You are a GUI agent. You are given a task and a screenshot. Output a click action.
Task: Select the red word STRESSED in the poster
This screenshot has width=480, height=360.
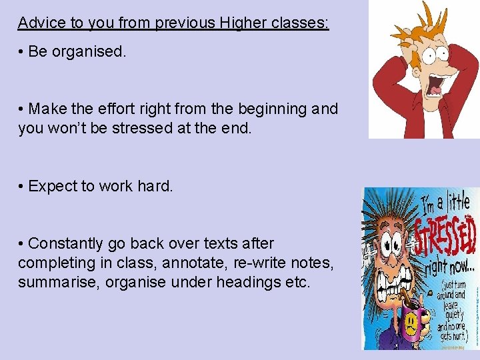click(445, 237)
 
